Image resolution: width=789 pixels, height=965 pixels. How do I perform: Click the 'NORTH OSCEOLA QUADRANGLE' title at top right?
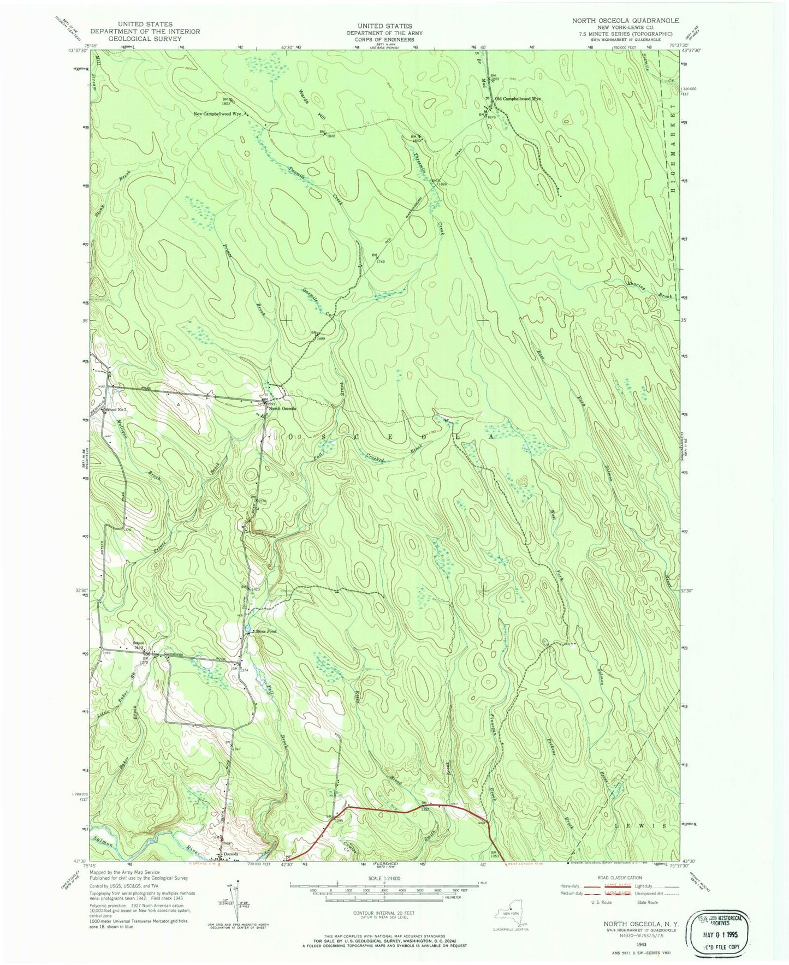(625, 20)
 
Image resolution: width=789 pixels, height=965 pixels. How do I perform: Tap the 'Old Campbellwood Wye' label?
(517, 99)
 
